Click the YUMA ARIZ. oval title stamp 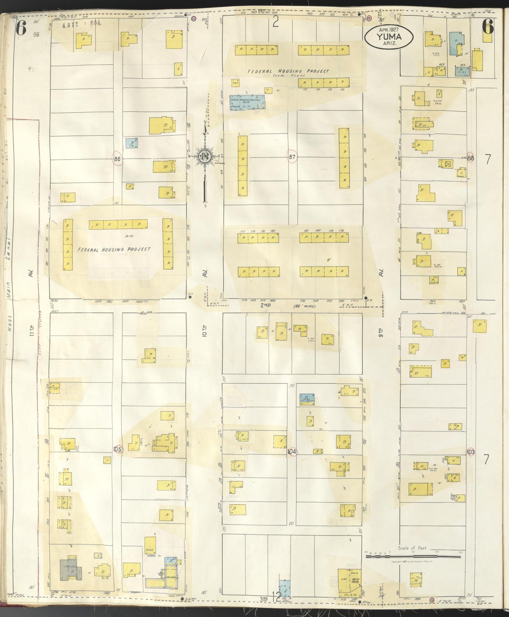tap(389, 37)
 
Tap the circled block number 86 tap(118, 159)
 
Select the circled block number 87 tap(292, 157)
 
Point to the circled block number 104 tap(292, 452)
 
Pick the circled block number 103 tap(470, 451)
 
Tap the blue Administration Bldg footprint tap(247, 103)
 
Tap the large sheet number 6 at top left tap(21, 28)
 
